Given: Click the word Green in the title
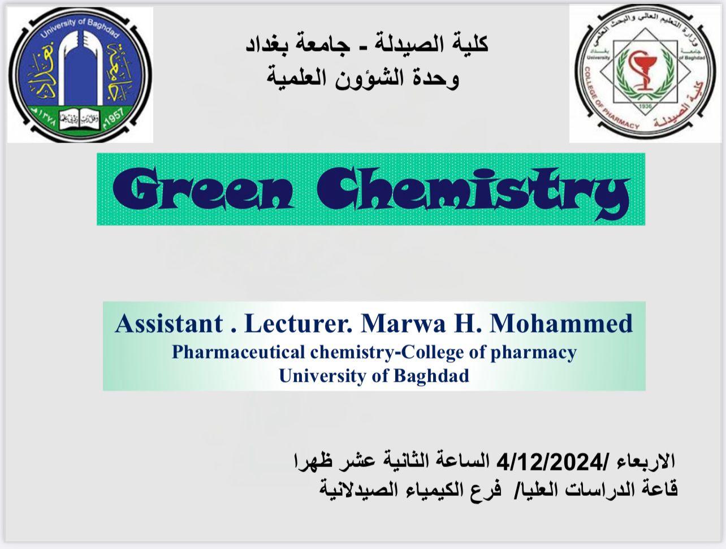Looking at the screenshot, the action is coord(203,189).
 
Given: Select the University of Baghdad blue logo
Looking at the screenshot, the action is coord(80,75).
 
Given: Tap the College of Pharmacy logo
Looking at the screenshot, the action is coord(645,74).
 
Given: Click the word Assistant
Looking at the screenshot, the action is coord(169,323).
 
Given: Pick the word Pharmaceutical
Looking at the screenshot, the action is coord(239,352).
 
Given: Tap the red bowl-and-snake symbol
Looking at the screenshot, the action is coord(643,70).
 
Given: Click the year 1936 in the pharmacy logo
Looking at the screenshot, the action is coord(645,106).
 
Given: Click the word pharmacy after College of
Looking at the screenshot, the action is coord(534,353).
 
